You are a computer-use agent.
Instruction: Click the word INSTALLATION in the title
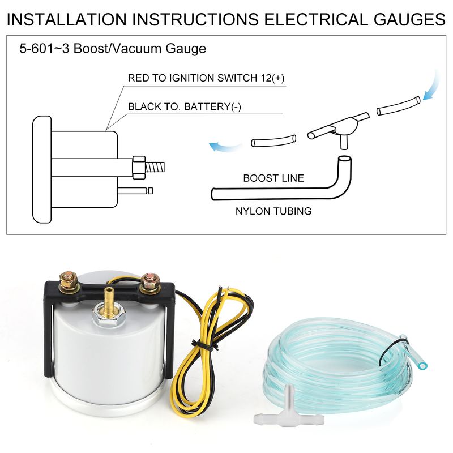click(67, 19)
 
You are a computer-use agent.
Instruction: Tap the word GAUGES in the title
click(409, 19)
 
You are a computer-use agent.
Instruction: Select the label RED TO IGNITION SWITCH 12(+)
click(206, 78)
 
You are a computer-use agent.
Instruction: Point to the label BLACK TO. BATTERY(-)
click(185, 106)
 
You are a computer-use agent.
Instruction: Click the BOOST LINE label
click(273, 178)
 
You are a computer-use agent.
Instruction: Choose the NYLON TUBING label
click(273, 211)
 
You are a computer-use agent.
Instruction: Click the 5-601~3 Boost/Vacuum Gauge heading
click(113, 49)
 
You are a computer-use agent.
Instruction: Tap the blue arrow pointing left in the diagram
click(225, 147)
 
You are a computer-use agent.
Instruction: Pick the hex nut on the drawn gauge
click(139, 167)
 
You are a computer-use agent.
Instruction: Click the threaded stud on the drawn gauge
click(155, 167)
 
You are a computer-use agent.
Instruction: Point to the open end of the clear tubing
click(422, 366)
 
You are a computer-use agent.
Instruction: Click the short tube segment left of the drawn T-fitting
click(273, 140)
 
